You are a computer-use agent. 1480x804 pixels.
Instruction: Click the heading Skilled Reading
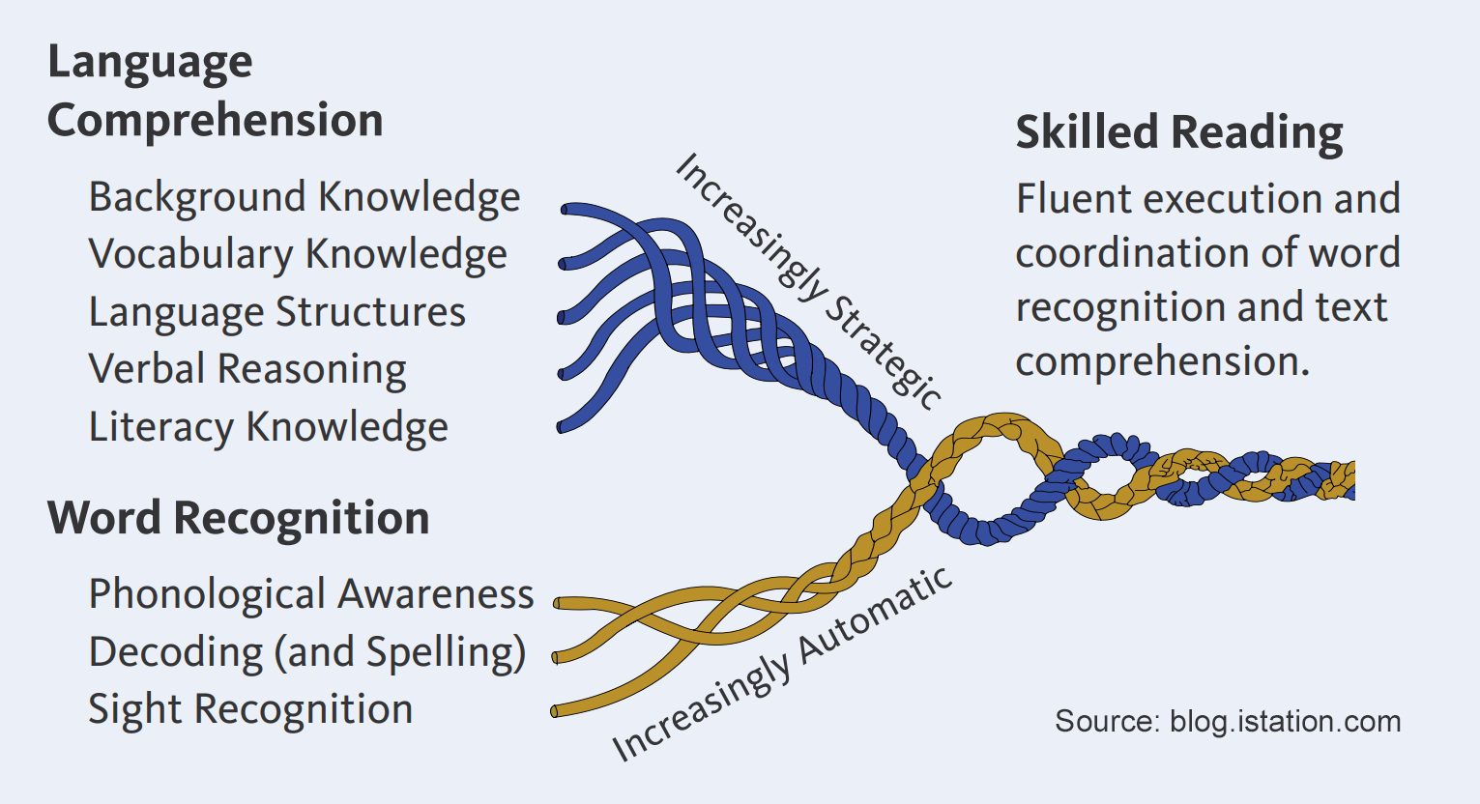[x=1178, y=133]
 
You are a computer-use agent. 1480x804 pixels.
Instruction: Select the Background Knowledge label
[x=304, y=197]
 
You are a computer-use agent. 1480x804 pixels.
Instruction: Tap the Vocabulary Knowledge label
[x=298, y=254]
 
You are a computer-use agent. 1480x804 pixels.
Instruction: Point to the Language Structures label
[x=276, y=312]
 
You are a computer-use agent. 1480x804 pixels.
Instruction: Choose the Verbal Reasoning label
[x=247, y=369]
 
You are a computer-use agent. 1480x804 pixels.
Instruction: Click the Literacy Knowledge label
[x=268, y=427]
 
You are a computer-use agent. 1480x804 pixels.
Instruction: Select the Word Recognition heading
[x=238, y=518]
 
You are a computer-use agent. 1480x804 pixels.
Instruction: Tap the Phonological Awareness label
[x=310, y=594]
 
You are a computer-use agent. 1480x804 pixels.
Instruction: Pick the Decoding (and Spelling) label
[x=306, y=652]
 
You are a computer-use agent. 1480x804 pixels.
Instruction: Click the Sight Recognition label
[x=250, y=709]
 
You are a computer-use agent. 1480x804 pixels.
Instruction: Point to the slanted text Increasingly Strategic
[x=807, y=281]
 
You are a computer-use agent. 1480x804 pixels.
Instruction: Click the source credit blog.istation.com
[x=1228, y=722]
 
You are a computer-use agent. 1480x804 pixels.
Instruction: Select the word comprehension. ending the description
[x=1162, y=361]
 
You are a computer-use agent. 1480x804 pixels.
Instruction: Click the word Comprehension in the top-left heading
[x=215, y=121]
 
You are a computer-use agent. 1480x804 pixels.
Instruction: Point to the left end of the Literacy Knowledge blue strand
[x=562, y=426]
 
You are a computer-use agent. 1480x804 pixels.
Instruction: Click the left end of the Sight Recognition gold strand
[x=556, y=712]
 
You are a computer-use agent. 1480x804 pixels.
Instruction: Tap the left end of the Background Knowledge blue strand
[x=566, y=209]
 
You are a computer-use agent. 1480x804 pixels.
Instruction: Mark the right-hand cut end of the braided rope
[x=1350, y=480]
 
